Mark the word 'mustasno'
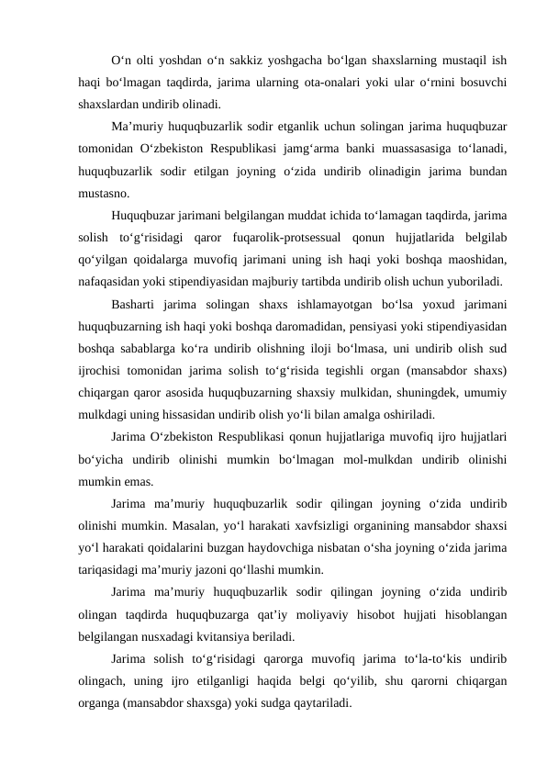pyautogui.click(x=103, y=194)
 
